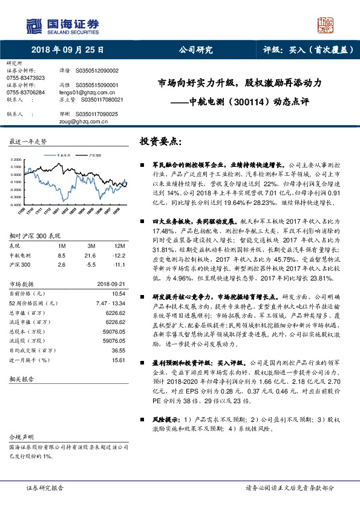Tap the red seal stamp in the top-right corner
coord(327,25)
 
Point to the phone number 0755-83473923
coord(25,78)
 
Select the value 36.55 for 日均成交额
coord(118,350)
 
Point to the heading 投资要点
coord(160,140)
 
